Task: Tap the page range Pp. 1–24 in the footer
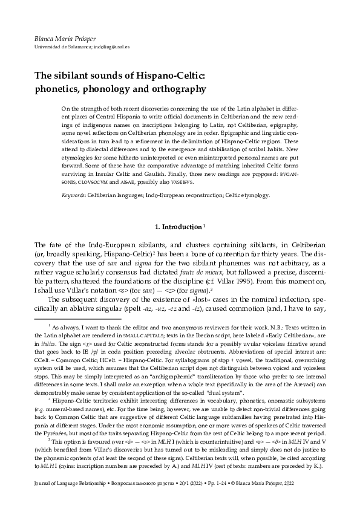240,481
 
